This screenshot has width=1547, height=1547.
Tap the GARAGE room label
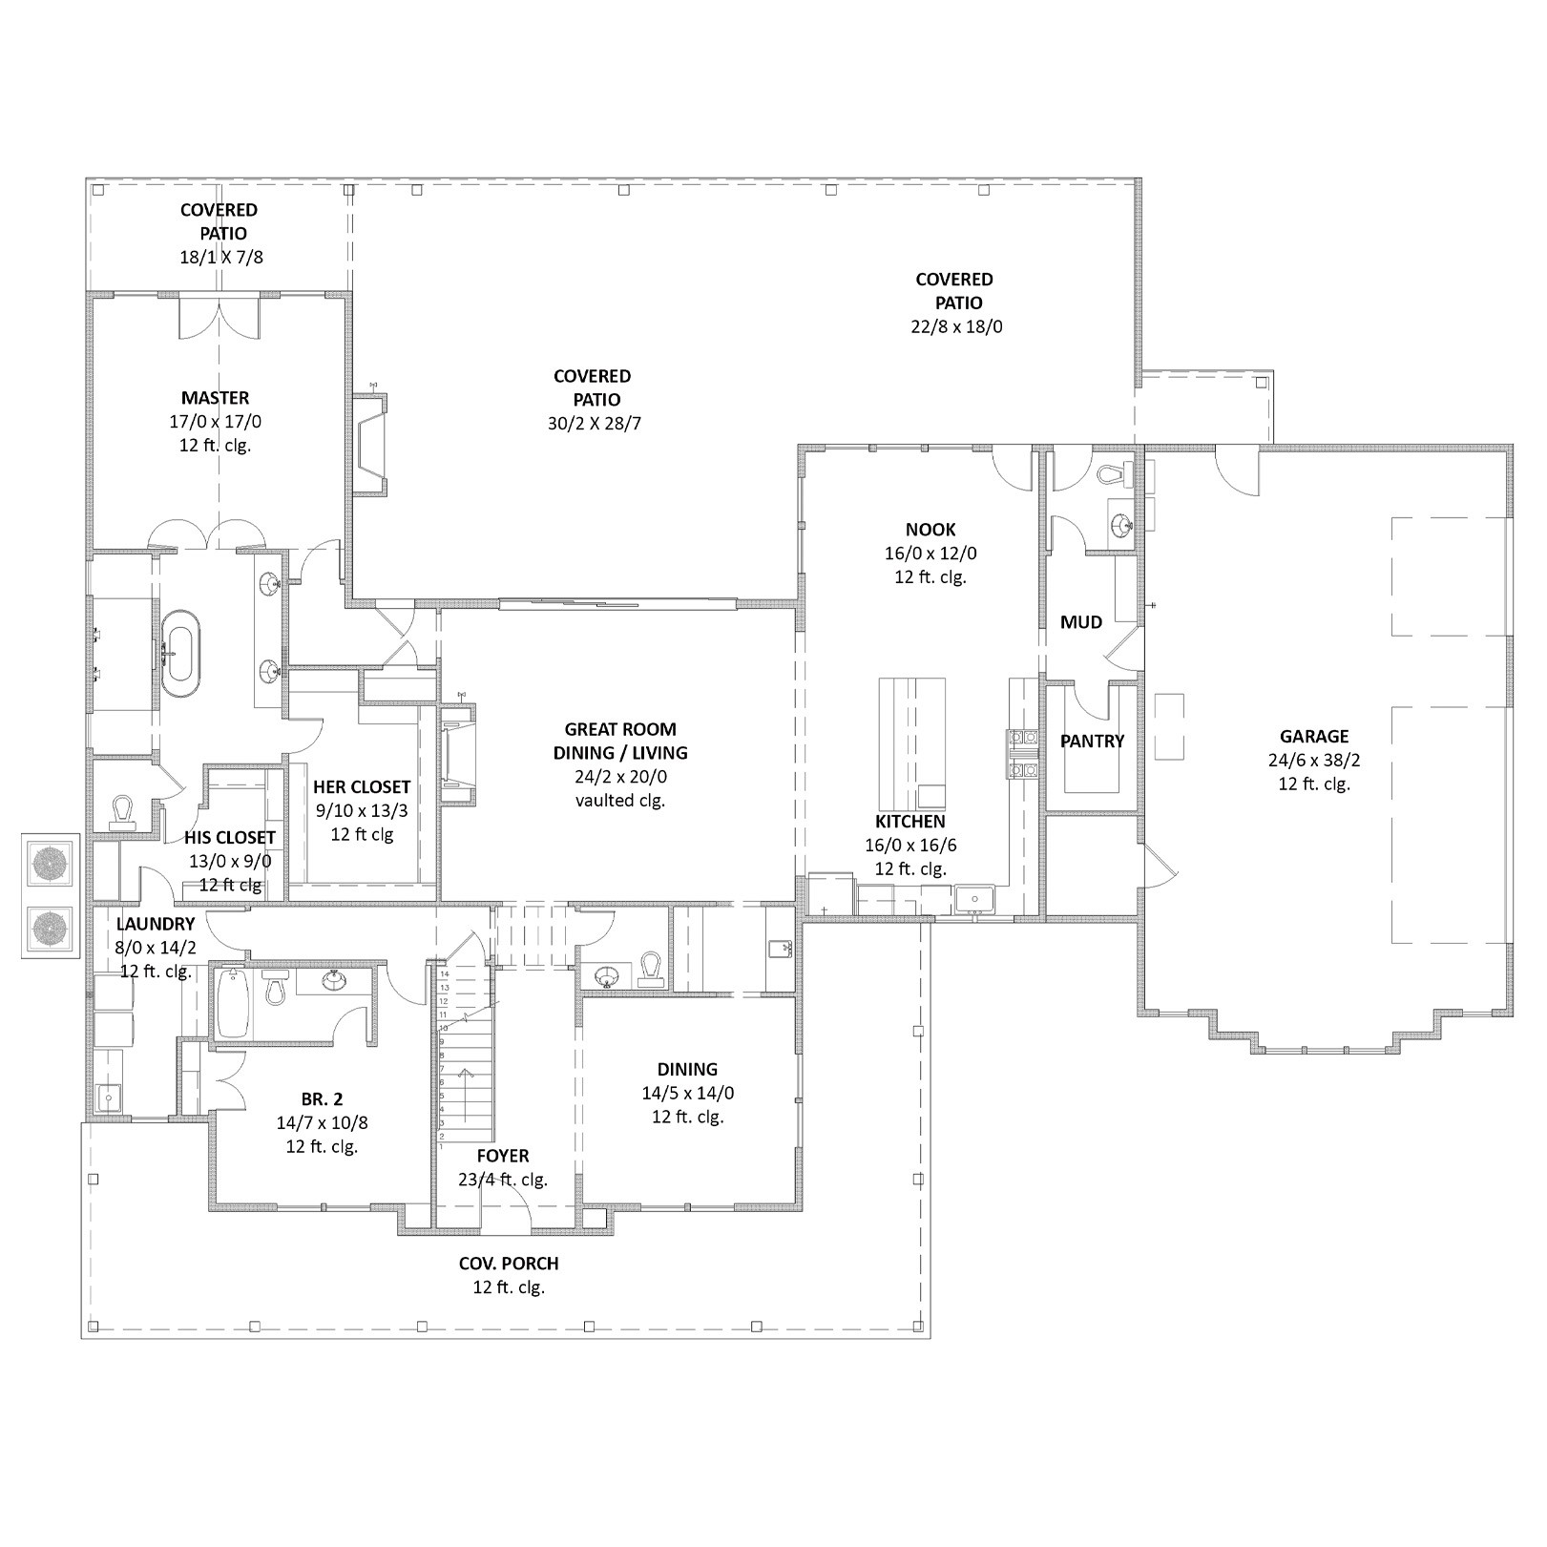1314,736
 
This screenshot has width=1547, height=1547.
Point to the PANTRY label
1092,741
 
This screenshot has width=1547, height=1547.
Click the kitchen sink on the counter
975,898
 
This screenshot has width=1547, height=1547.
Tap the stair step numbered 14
444,973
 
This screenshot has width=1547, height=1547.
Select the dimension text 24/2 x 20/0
620,777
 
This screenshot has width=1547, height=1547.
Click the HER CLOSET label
362,787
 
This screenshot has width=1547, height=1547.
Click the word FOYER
503,1156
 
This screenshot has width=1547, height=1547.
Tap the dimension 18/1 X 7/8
220,257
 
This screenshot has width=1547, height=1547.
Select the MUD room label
1080,622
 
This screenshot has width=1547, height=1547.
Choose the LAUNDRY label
156,924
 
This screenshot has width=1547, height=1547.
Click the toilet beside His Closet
122,810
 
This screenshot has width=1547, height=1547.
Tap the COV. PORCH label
509,1264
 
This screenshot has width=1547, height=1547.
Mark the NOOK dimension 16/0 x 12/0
930,554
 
